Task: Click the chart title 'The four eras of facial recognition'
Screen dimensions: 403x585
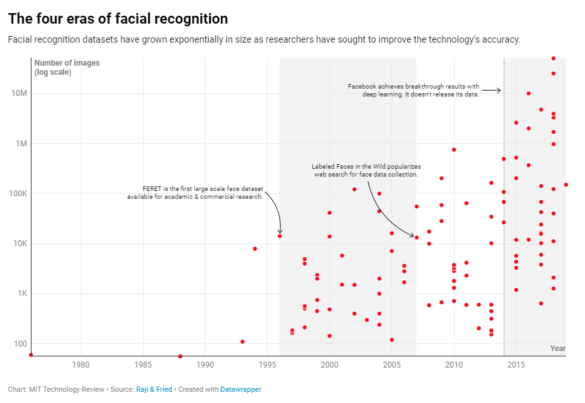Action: pyautogui.click(x=118, y=19)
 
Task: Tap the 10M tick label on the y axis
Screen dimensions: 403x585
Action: pyautogui.click(x=19, y=93)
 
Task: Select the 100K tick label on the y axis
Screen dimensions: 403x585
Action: pyautogui.click(x=18, y=194)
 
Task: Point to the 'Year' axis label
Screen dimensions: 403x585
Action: pyautogui.click(x=557, y=348)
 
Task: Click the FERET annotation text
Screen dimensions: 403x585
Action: pyautogui.click(x=195, y=192)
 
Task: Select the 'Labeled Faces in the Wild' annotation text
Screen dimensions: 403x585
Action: pyautogui.click(x=366, y=171)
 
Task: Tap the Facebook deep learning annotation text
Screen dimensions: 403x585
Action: pyautogui.click(x=414, y=90)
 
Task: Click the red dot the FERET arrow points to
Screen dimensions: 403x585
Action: pyautogui.click(x=280, y=236)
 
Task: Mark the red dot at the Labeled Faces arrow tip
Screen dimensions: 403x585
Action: pyautogui.click(x=416, y=238)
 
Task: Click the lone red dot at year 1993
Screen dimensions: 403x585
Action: pyautogui.click(x=243, y=341)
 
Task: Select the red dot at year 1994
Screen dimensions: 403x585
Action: pyautogui.click(x=255, y=249)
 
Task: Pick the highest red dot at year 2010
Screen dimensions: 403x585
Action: pyautogui.click(x=454, y=150)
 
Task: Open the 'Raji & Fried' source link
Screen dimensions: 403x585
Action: pyautogui.click(x=154, y=389)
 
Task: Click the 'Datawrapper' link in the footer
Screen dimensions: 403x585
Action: pyautogui.click(x=241, y=389)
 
